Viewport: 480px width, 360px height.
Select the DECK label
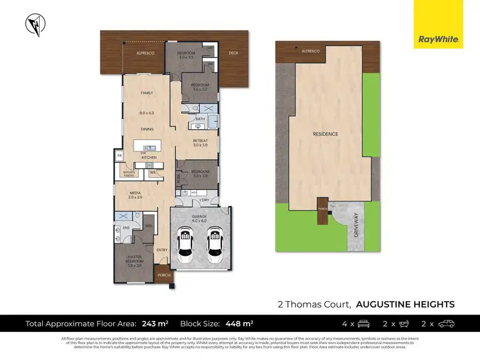tap(233, 53)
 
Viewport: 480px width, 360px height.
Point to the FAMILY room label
tap(147, 93)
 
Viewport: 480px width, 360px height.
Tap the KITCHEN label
tap(149, 157)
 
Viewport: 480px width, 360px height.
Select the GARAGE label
tap(199, 217)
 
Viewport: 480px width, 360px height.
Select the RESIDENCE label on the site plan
tap(325, 134)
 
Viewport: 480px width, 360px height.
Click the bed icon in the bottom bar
tap(363, 324)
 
